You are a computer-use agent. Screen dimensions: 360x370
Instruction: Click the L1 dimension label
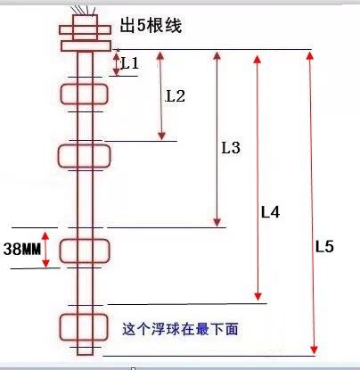(x=130, y=63)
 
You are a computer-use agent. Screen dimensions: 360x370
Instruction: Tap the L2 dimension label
(x=176, y=96)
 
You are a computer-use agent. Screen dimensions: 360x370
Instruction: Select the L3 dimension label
(x=231, y=147)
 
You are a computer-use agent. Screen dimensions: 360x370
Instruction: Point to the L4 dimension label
(x=270, y=212)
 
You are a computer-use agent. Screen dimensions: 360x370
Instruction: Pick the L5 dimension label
(x=324, y=246)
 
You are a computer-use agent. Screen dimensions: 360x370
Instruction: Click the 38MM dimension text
(x=22, y=249)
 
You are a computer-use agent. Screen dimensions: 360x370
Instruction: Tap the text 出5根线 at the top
(x=151, y=25)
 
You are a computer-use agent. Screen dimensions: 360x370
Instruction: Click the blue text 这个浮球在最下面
(x=180, y=329)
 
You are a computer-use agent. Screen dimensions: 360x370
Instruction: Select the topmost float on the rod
(x=85, y=95)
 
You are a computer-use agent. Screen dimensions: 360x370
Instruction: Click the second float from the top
(x=85, y=156)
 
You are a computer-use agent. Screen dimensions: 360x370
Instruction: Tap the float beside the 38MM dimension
(x=85, y=251)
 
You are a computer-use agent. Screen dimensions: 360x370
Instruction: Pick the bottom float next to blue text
(x=84, y=327)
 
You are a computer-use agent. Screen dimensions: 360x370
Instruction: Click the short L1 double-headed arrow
(x=116, y=63)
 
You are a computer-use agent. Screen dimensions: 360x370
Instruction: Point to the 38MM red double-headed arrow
(x=45, y=250)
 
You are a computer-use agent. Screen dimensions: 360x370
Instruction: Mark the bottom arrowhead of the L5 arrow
(x=314, y=349)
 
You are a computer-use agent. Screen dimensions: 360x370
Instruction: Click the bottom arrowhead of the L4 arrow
(x=258, y=296)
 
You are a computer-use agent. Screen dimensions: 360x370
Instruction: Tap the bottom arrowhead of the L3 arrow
(x=217, y=222)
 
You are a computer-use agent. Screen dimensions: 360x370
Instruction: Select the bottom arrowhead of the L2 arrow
(x=161, y=136)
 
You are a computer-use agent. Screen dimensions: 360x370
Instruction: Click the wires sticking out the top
(x=84, y=10)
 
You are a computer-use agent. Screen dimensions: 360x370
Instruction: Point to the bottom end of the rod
(x=85, y=354)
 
